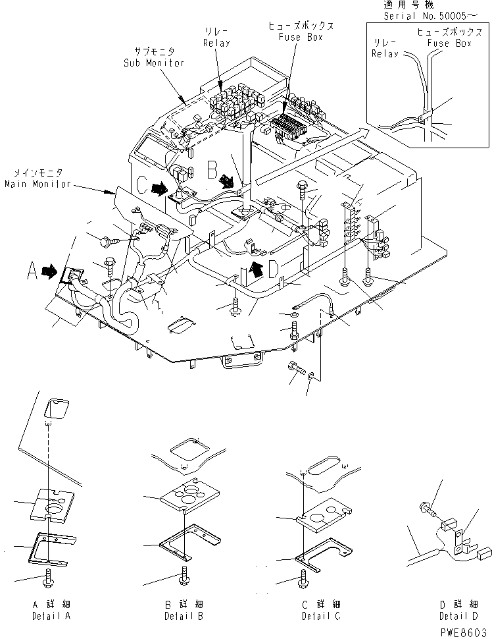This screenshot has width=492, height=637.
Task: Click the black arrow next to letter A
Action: coord(49,270)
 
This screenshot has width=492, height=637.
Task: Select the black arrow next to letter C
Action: coord(159,188)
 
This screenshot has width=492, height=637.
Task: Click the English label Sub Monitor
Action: coord(153,63)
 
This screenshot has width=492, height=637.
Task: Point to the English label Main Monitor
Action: coord(37,184)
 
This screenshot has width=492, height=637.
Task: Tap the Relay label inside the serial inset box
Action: coord(385,54)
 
